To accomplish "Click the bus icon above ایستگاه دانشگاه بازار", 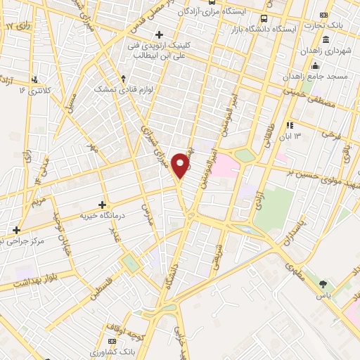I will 264,19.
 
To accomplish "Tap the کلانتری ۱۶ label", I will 32,91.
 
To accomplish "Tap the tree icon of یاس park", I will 323,285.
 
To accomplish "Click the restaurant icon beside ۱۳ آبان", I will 289,124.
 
